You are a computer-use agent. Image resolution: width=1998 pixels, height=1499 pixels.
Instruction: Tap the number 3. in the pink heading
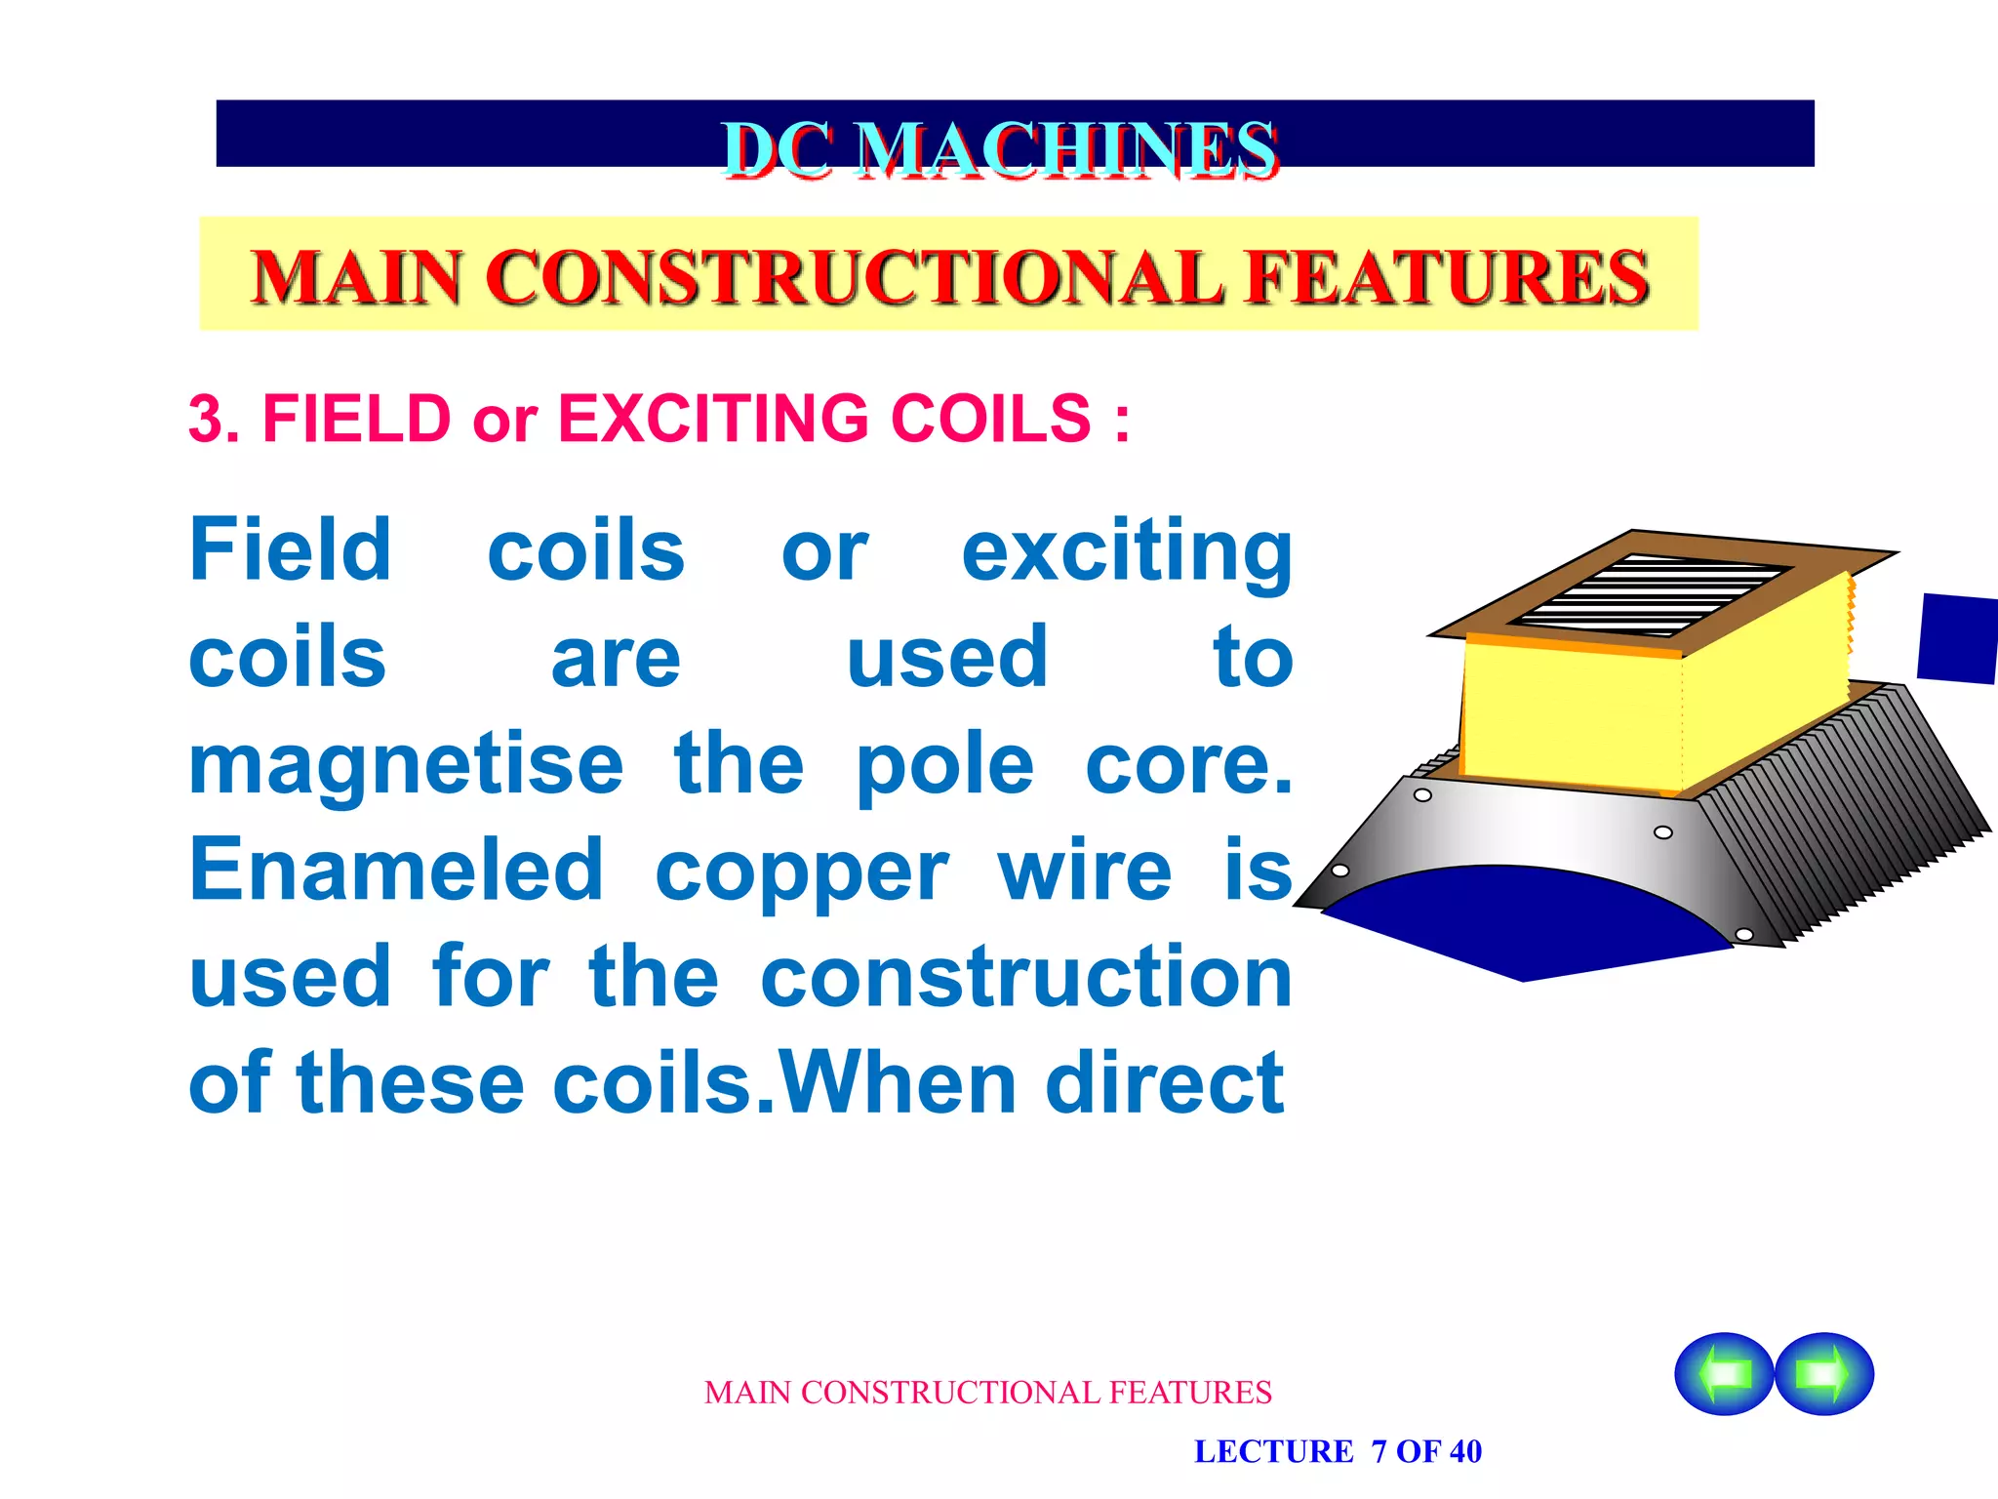coord(217,420)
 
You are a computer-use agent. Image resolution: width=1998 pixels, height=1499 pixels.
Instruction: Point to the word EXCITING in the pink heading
coord(712,420)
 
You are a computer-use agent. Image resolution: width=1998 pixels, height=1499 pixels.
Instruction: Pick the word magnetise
coord(406,766)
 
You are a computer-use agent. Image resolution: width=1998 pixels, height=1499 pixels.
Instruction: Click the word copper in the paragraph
coord(801,871)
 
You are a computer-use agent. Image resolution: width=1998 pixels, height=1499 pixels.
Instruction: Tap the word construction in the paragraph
coord(1026,977)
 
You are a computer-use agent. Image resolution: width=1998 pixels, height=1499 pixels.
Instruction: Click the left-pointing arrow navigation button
coord(1724,1373)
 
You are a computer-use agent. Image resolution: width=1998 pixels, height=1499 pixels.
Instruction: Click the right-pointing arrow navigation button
coord(1823,1373)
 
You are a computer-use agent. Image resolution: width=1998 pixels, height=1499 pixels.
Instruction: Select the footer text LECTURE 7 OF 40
coord(1338,1451)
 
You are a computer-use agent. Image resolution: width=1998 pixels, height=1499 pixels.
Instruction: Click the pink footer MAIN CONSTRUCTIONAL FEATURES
coord(987,1393)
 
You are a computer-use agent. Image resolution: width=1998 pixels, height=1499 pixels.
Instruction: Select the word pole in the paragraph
coord(944,766)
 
